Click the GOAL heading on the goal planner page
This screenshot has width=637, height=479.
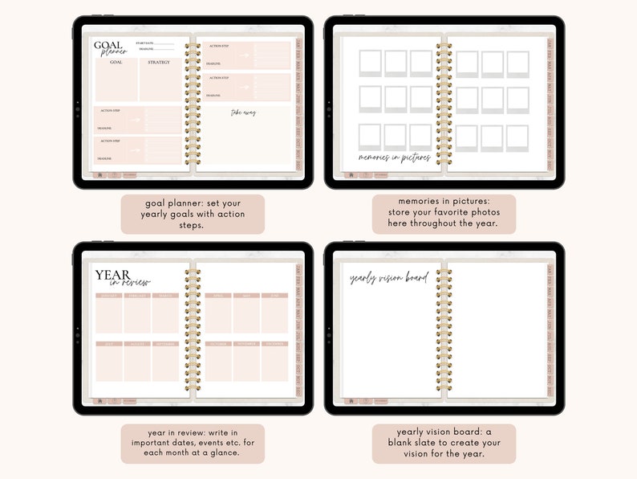108,46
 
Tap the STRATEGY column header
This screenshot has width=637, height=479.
159,62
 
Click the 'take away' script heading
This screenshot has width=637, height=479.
244,113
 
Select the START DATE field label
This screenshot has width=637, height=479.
145,43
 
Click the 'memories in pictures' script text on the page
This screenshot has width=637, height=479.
394,158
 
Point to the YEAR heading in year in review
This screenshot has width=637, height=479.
113,275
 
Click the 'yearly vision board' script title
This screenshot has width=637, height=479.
389,278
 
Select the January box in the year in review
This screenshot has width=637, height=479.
108,313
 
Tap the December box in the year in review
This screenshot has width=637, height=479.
274,361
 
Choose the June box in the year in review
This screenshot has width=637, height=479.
274,313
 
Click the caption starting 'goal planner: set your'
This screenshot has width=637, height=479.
193,214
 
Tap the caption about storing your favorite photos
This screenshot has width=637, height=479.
444,214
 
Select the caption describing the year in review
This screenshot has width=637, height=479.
193,443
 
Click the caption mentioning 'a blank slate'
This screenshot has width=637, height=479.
444,443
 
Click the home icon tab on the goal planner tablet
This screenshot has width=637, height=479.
99,174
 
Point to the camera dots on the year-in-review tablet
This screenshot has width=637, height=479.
78,329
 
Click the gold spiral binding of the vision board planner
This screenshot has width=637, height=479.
444,330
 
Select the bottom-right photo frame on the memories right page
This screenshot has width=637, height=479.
517,138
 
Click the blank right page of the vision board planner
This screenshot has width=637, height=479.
496,330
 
